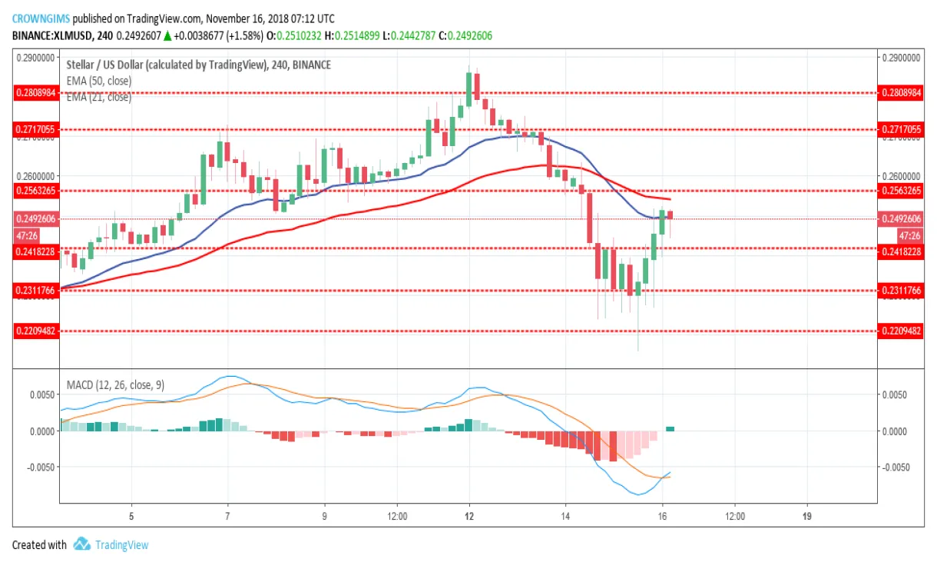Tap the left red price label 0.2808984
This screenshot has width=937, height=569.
click(36, 92)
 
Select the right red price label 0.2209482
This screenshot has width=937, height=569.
click(902, 331)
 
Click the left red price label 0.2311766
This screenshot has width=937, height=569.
click(36, 290)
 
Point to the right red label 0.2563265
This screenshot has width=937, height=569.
click(902, 190)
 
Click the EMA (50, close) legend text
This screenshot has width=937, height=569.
click(99, 81)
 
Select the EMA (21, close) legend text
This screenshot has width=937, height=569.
click(99, 97)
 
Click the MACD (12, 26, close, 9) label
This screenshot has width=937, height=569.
click(115, 384)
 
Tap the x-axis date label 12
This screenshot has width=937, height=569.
click(469, 515)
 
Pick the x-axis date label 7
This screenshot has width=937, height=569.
click(227, 515)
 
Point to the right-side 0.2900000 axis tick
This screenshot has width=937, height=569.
click(901, 58)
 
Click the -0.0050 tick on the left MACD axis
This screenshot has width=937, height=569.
click(39, 467)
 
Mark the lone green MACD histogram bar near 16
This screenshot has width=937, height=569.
click(670, 428)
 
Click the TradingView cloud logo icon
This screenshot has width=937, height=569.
click(82, 544)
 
